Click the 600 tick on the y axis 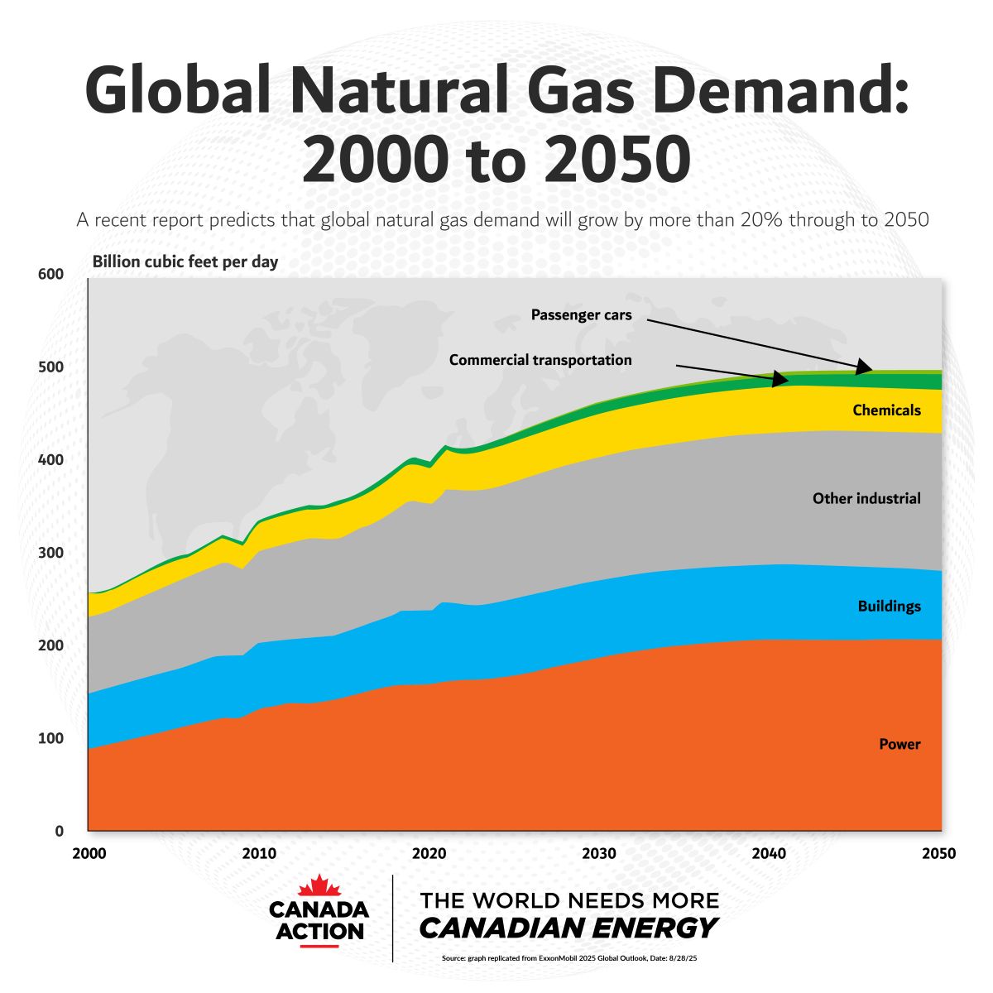pyautogui.click(x=51, y=275)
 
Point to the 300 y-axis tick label pyautogui.click(x=51, y=553)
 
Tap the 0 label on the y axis pyautogui.click(x=59, y=831)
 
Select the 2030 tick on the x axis pyautogui.click(x=598, y=853)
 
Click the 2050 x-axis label pyautogui.click(x=938, y=853)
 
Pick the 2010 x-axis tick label pyautogui.click(x=259, y=853)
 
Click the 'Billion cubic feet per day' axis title pyautogui.click(x=185, y=262)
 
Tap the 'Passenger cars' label pyautogui.click(x=581, y=315)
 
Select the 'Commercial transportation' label pyautogui.click(x=540, y=360)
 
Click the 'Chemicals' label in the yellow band pyautogui.click(x=886, y=410)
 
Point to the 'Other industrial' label pyautogui.click(x=866, y=498)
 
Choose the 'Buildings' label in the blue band pyautogui.click(x=889, y=607)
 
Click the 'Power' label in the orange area pyautogui.click(x=899, y=744)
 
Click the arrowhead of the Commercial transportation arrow pyautogui.click(x=780, y=379)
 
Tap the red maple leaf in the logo pyautogui.click(x=319, y=887)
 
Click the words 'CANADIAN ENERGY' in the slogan pyautogui.click(x=568, y=928)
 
